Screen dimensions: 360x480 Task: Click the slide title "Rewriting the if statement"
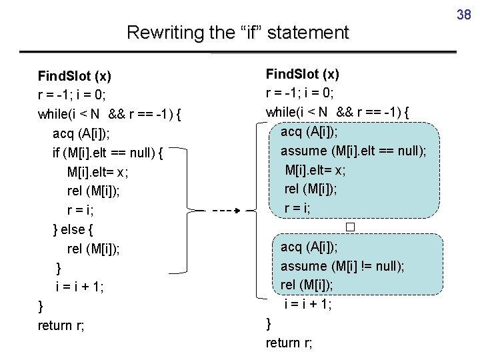[237, 32]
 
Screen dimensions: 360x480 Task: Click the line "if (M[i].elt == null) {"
[108, 153]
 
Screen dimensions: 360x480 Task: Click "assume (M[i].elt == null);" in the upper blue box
[353, 151]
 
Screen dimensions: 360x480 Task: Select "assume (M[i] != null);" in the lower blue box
[342, 266]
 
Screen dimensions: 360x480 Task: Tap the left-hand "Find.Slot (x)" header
[75, 75]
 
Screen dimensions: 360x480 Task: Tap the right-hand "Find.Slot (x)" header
[303, 73]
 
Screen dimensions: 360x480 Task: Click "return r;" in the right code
[289, 343]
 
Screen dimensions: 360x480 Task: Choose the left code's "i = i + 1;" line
[80, 287]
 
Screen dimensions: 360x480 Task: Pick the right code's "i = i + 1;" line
[308, 304]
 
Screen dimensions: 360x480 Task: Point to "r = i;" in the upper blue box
[297, 208]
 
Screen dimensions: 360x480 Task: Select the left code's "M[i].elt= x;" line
[97, 172]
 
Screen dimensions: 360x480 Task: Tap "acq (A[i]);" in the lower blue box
[309, 247]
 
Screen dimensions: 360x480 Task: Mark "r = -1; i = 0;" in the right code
[300, 93]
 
